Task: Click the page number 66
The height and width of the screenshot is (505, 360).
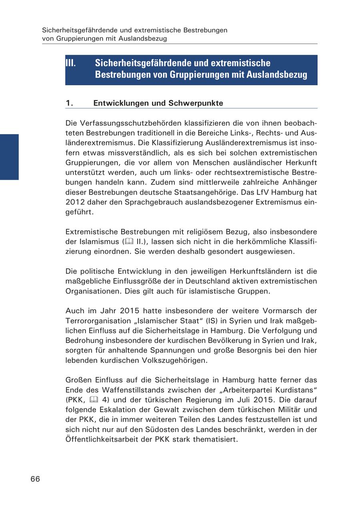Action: (x=35, y=479)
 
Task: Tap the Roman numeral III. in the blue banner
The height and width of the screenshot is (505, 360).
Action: (x=71, y=63)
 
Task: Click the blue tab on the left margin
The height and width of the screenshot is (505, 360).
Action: (x=9, y=157)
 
